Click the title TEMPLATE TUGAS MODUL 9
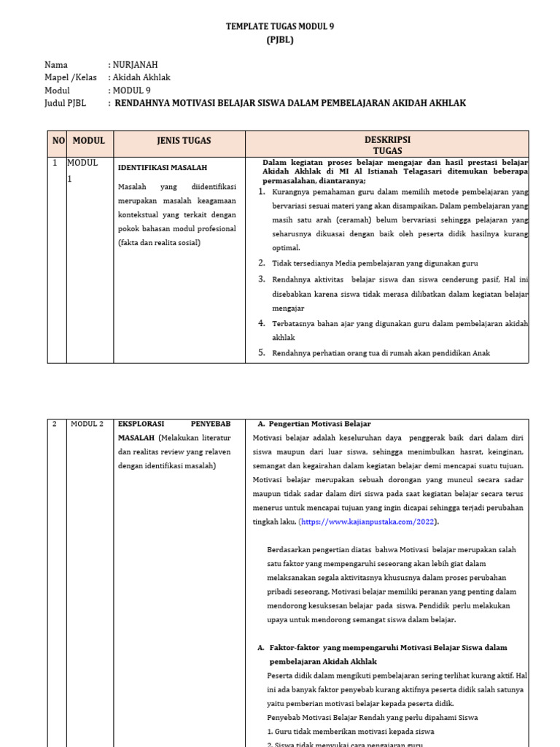click(x=280, y=26)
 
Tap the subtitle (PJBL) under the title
click(x=280, y=40)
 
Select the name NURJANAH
click(x=135, y=65)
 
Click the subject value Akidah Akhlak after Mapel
click(x=141, y=77)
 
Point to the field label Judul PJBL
click(x=65, y=104)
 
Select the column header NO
click(x=58, y=141)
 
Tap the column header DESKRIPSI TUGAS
click(x=387, y=144)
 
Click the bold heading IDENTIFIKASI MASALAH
click(x=163, y=168)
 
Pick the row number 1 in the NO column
click(x=55, y=163)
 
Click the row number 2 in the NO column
click(x=55, y=424)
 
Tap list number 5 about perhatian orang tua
click(x=262, y=353)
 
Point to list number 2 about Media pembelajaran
click(x=262, y=263)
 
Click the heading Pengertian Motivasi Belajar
click(x=319, y=424)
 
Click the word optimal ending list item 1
click(x=286, y=248)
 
